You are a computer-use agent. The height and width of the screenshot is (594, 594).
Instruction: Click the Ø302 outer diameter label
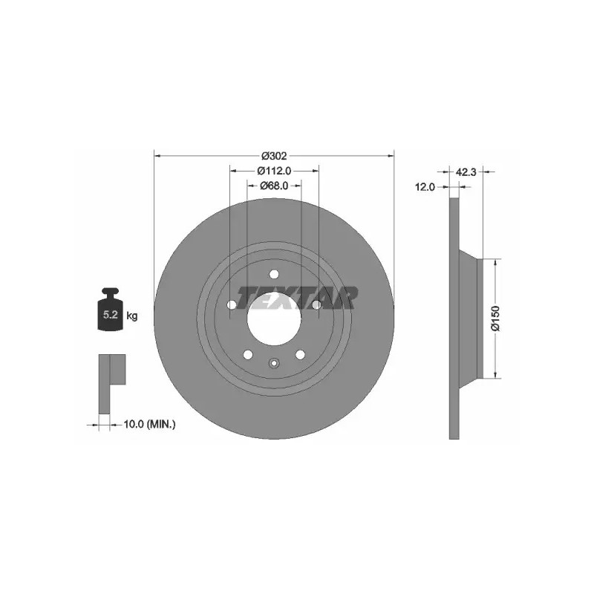[275, 156]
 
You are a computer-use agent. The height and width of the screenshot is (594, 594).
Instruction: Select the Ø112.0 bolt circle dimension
[274, 172]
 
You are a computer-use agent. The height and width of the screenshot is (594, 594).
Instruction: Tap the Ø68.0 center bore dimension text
[274, 186]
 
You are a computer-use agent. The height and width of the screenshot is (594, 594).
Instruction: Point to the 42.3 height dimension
[466, 172]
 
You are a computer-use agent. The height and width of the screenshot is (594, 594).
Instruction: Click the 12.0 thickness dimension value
[425, 187]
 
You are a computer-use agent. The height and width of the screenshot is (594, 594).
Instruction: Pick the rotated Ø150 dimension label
[495, 319]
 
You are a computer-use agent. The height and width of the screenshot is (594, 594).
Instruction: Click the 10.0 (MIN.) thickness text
[150, 424]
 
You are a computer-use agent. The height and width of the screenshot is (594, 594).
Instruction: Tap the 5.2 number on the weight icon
[111, 314]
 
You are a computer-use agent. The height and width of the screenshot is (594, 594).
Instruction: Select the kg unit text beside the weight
[132, 316]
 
